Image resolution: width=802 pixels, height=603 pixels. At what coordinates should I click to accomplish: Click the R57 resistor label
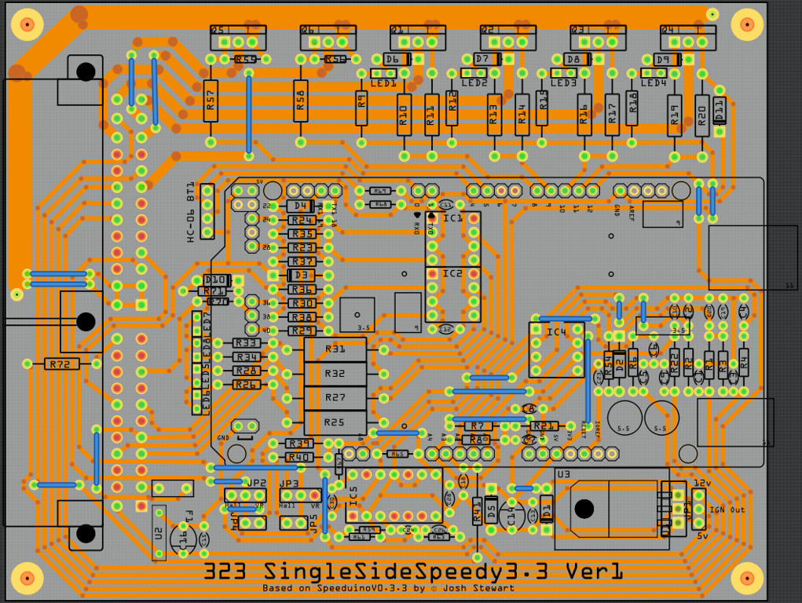coord(210,100)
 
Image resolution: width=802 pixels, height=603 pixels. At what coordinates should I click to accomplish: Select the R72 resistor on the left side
coord(62,364)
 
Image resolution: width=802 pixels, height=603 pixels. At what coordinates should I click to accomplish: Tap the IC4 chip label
coord(556,332)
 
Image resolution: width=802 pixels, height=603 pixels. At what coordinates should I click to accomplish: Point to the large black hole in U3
coord(584,508)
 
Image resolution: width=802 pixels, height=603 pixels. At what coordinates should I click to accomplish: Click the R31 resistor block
coord(335,349)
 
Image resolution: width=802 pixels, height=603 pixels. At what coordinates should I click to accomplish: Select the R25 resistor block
coord(335,422)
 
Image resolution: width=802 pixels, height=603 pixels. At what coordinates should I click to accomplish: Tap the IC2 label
coord(452,273)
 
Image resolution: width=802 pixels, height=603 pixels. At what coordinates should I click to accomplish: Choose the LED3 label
coord(563,83)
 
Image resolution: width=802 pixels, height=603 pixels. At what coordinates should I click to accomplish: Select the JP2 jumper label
coord(257,483)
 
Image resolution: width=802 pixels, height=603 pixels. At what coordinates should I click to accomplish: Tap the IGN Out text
coord(727,510)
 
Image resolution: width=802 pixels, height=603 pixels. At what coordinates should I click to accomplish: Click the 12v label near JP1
coord(701,483)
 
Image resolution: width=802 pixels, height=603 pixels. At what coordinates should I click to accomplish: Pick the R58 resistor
coord(301,100)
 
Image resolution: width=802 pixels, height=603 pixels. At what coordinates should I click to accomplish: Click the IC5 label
coord(353,496)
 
